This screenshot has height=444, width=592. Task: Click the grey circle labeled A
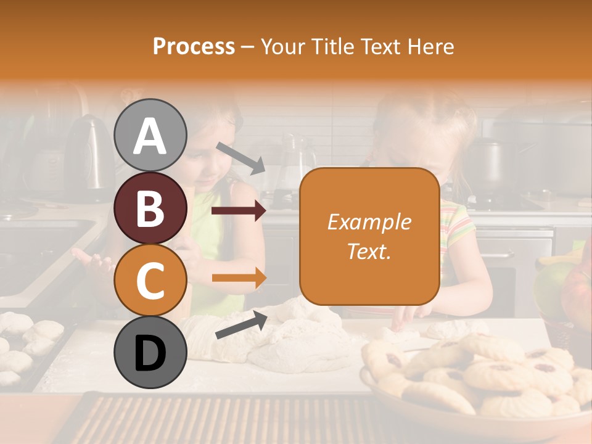click(x=150, y=136)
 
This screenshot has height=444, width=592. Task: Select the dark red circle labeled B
click(x=150, y=208)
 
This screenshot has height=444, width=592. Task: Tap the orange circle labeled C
click(x=150, y=281)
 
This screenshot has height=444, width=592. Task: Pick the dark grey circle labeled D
click(x=150, y=353)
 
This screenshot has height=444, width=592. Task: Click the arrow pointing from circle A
click(x=241, y=158)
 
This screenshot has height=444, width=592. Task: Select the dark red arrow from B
click(x=238, y=211)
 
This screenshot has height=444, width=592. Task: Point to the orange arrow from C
click(x=238, y=277)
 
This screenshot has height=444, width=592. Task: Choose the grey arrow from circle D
click(x=241, y=326)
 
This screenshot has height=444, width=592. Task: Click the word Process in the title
click(x=194, y=46)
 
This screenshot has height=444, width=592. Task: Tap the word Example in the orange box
click(x=369, y=222)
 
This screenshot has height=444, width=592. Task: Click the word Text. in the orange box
click(x=369, y=251)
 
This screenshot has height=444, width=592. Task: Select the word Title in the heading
click(x=334, y=46)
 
